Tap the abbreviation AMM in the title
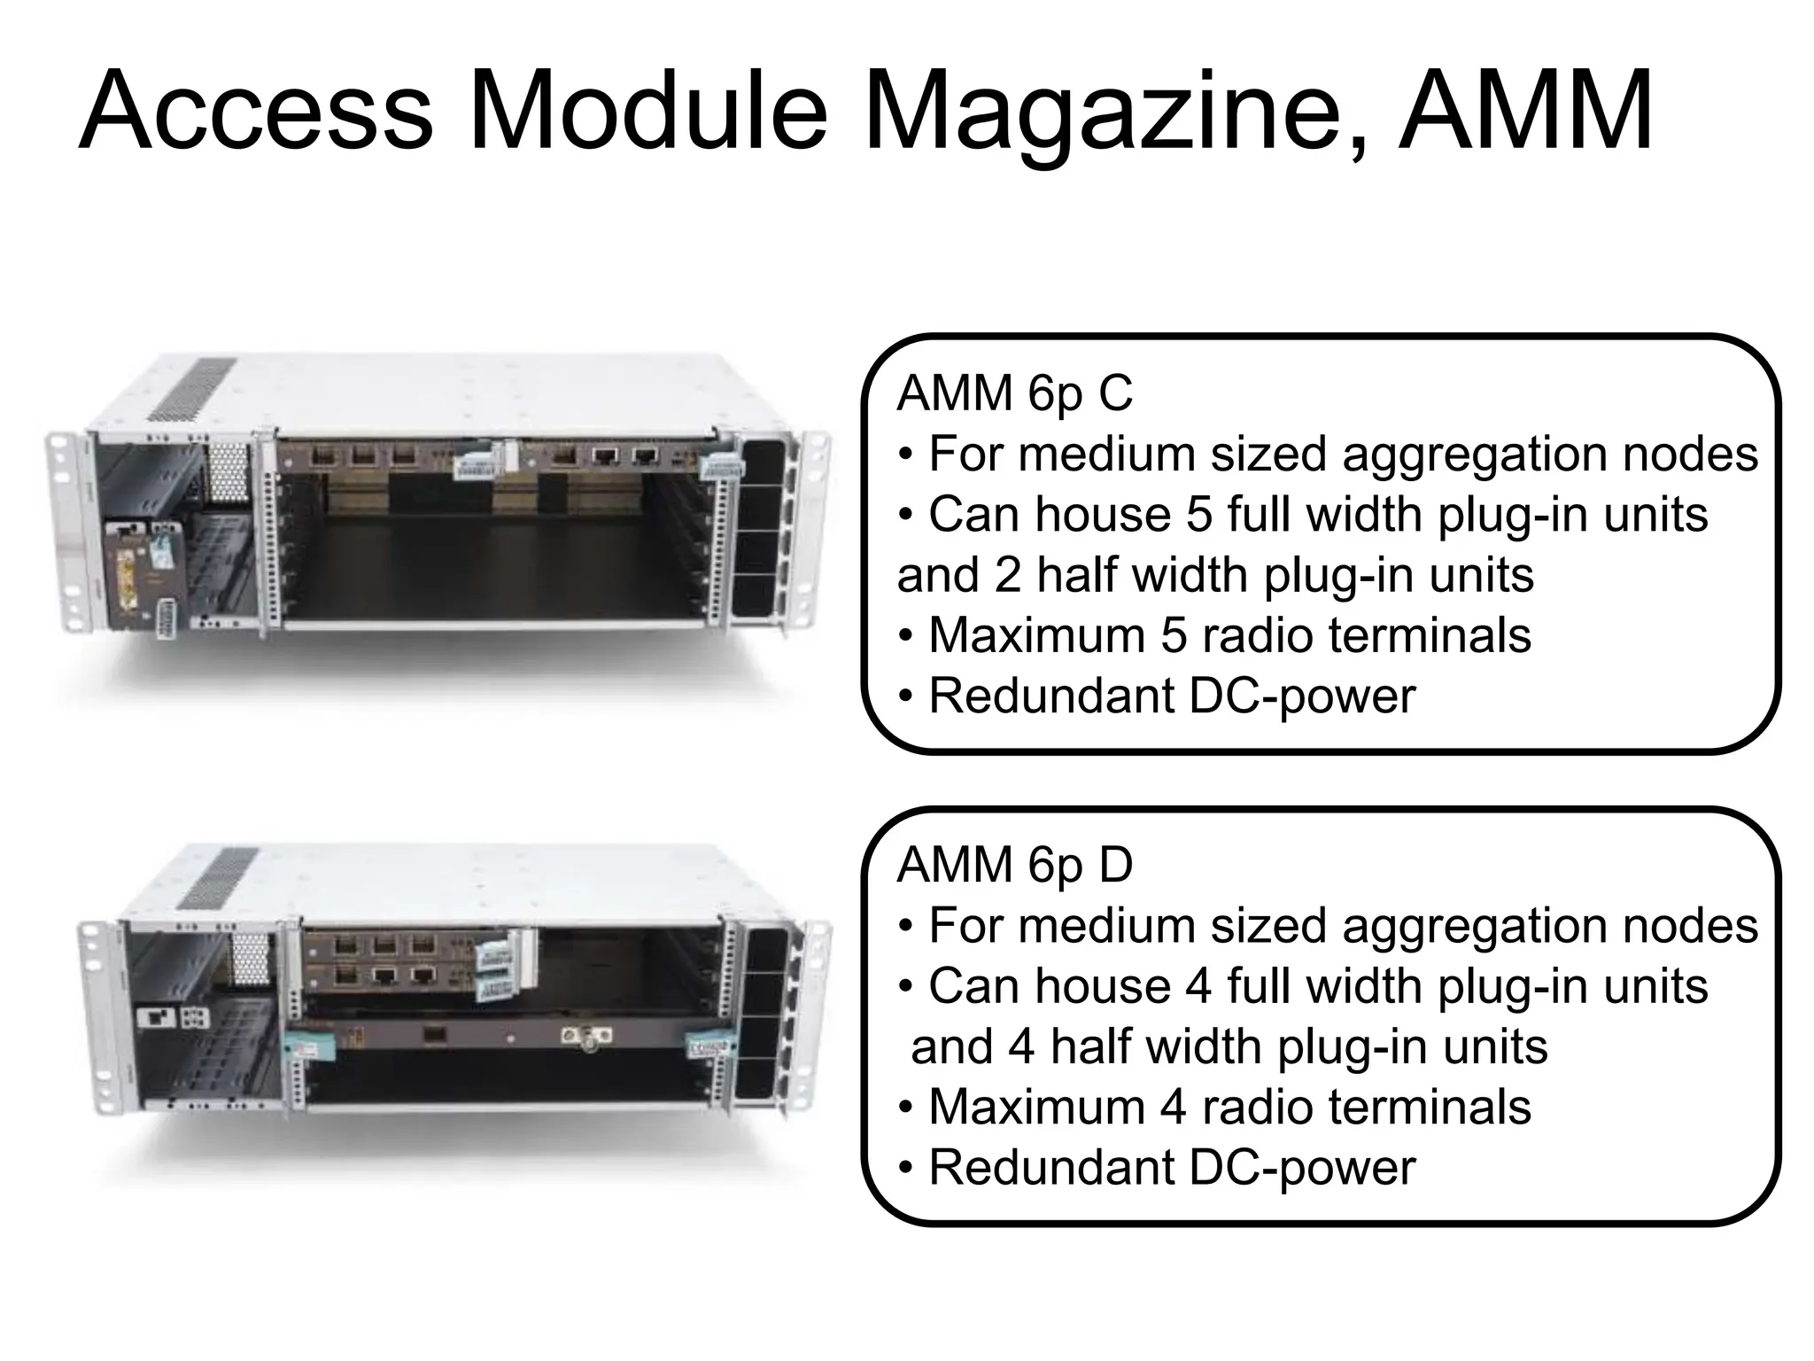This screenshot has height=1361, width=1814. pyautogui.click(x=1525, y=112)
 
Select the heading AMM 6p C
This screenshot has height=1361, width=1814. pyautogui.click(x=1014, y=393)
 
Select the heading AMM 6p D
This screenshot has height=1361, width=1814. pyautogui.click(x=1014, y=866)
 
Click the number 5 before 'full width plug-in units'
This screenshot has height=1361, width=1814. pyautogui.click(x=1198, y=515)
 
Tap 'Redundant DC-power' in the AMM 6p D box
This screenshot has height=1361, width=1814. pyautogui.click(x=1171, y=1167)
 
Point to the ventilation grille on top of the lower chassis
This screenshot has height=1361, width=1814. pyautogui.click(x=218, y=877)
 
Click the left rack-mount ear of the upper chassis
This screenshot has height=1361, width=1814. pyautogui.click(x=64, y=532)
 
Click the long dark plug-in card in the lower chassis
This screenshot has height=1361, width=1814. pyautogui.click(x=496, y=1036)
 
